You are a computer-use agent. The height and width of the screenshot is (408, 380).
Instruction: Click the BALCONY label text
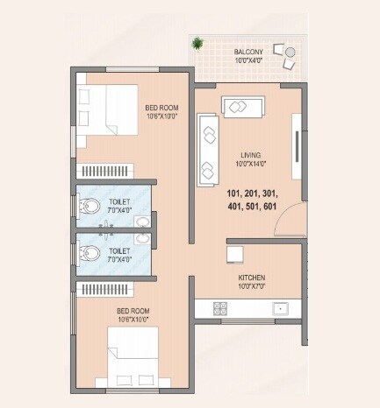pos(248,53)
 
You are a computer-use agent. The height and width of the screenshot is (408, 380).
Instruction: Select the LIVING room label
pos(251,155)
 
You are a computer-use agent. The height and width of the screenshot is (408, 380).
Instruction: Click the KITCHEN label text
pos(251,278)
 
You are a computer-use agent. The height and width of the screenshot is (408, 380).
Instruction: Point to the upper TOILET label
pos(119,200)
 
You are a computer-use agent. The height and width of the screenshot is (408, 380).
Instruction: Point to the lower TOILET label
pos(119,250)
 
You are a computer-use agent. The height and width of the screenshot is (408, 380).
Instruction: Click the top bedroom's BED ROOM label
pos(161,108)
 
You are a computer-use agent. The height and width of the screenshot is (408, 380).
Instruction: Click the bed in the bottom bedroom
pos(136,355)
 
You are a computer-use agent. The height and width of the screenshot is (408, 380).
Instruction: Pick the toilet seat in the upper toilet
pos(88,208)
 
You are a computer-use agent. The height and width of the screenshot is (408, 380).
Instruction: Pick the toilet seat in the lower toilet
pos(88,254)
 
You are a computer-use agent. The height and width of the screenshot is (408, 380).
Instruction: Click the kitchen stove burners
pos(221,307)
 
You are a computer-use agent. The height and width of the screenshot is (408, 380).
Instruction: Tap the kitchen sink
pos(281,307)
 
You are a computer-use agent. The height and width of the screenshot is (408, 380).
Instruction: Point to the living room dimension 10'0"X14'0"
pos(251,165)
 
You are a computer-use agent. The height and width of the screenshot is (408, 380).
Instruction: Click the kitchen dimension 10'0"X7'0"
pos(251,286)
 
